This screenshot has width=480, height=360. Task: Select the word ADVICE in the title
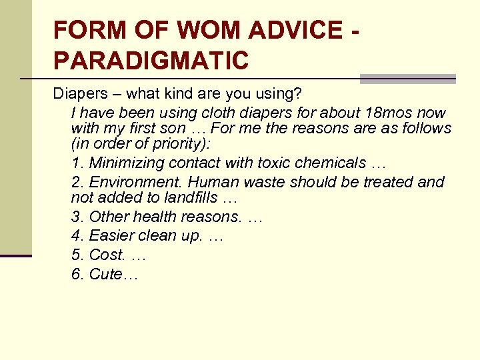291,30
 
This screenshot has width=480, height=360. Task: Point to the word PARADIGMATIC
151,61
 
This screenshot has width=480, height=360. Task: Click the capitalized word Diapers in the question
79,93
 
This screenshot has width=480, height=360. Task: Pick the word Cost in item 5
107,255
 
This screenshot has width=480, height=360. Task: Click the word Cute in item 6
107,274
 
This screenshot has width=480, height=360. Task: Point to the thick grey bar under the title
407,79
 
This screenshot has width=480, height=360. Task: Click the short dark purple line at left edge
16,255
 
